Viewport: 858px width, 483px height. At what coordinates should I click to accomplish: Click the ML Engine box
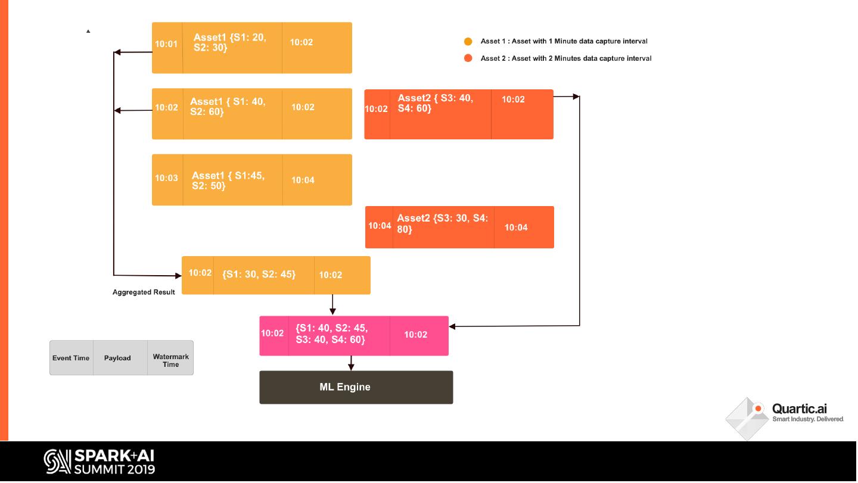pyautogui.click(x=356, y=387)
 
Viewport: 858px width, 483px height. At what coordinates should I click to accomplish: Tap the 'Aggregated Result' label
pyautogui.click(x=144, y=292)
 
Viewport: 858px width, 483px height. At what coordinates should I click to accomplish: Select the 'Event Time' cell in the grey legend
pyautogui.click(x=71, y=358)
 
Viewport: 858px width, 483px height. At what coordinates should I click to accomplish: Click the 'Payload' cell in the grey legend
pyautogui.click(x=117, y=358)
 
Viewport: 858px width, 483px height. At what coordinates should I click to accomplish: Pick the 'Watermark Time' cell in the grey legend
pyautogui.click(x=170, y=360)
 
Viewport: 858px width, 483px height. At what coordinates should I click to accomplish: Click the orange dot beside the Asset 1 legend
pyautogui.click(x=468, y=42)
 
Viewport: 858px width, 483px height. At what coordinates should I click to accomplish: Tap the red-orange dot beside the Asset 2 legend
pyautogui.click(x=468, y=58)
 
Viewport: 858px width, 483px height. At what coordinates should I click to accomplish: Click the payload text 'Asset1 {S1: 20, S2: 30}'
pyautogui.click(x=230, y=42)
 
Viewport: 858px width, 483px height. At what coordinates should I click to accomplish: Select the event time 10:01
pyautogui.click(x=166, y=44)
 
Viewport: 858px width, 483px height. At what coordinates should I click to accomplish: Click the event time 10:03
pyautogui.click(x=166, y=178)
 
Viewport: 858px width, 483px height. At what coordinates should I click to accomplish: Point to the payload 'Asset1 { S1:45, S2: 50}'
pyautogui.click(x=228, y=180)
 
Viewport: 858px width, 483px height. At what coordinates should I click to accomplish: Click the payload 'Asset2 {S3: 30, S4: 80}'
pyautogui.click(x=442, y=224)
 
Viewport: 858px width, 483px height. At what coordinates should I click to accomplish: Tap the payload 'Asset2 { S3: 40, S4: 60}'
pyautogui.click(x=436, y=103)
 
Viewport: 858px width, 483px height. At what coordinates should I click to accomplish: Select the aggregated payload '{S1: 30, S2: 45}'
pyautogui.click(x=259, y=275)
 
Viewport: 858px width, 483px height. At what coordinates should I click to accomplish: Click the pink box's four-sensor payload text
pyautogui.click(x=331, y=334)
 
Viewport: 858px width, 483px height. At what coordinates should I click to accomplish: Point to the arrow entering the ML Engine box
pyautogui.click(x=351, y=364)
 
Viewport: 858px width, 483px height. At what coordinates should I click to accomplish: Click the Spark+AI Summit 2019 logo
pyautogui.click(x=100, y=462)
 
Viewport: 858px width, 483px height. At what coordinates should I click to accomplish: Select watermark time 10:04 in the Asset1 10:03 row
pyautogui.click(x=303, y=180)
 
